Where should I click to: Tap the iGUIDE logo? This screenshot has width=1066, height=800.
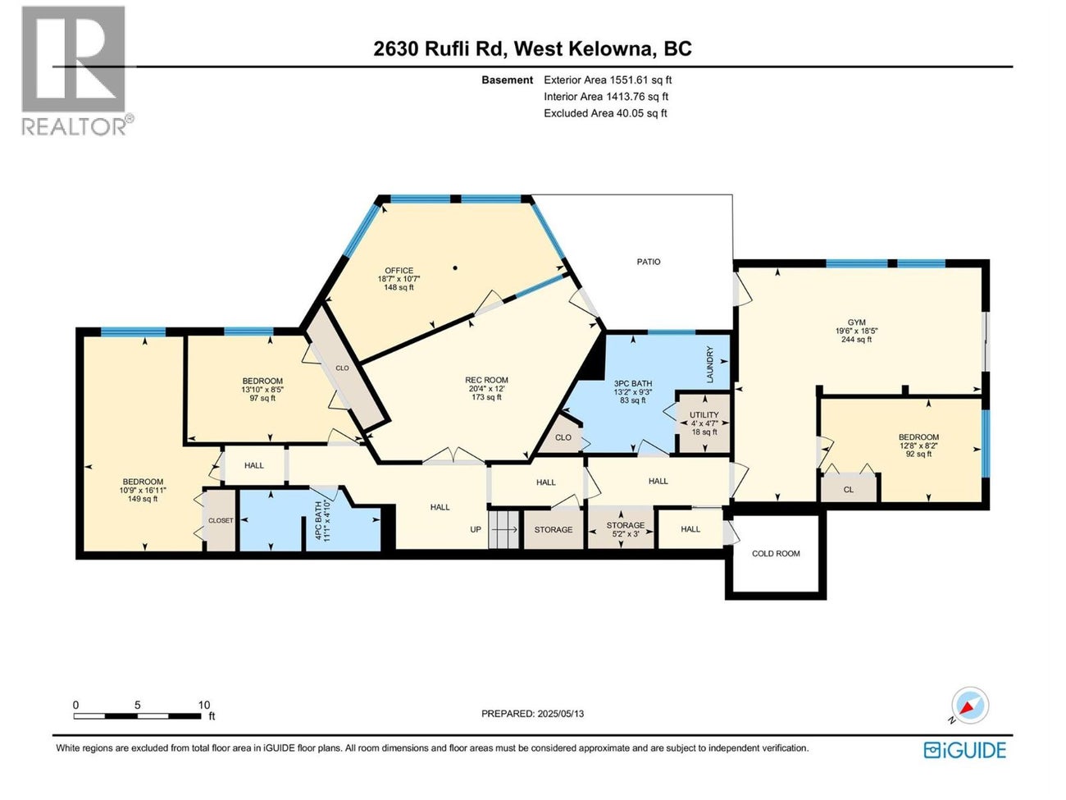(964, 750)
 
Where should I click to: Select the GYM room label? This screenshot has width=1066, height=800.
(856, 331)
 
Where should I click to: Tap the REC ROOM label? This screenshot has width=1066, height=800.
(486, 388)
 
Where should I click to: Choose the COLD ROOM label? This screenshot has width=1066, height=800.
(776, 554)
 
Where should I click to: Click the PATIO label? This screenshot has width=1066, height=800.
(649, 262)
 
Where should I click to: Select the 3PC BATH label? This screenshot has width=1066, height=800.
(633, 391)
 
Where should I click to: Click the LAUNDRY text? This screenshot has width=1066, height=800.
(711, 364)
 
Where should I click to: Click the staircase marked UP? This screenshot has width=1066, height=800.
(503, 529)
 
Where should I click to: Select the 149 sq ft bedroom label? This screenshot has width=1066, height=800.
(143, 490)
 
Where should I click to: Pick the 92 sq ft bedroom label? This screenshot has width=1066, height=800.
(918, 446)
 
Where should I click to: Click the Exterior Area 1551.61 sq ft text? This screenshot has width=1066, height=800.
(608, 80)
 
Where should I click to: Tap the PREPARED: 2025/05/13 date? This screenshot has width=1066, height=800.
(532, 714)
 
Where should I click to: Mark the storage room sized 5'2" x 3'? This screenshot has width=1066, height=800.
(626, 529)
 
